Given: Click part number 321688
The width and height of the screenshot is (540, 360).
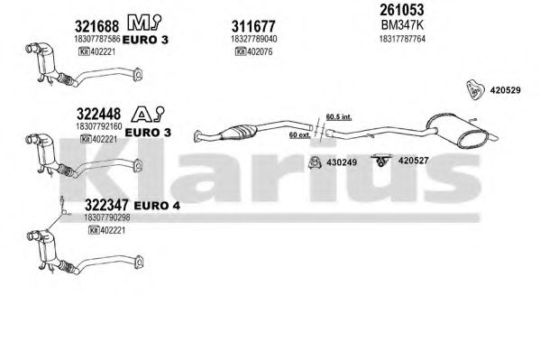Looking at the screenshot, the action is coord(96,26).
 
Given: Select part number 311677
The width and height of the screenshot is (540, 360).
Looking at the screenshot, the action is coord(253,26).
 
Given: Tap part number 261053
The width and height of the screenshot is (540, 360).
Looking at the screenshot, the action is coord(401,10).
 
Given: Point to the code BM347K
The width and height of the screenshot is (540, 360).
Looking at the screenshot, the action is coord(402,25).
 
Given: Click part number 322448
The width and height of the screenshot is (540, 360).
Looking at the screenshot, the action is coord(98,114).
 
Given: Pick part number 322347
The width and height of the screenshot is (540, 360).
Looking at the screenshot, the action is coord(106,205).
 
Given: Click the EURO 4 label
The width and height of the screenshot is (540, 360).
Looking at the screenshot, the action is coord(157,206).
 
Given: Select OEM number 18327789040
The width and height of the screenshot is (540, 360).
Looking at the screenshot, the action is coord(254,39).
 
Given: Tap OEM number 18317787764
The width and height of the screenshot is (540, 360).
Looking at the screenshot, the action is coord(402,39).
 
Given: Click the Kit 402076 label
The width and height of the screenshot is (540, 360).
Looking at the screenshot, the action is coord(254,51).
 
